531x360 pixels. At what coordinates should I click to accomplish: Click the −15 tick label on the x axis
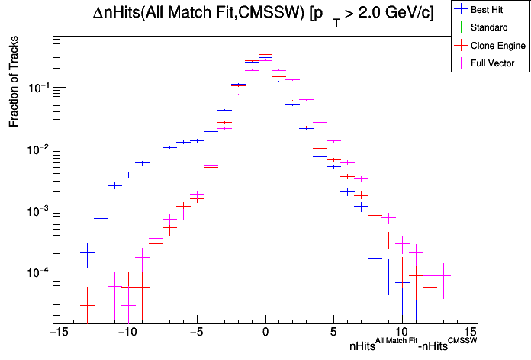point(57,333)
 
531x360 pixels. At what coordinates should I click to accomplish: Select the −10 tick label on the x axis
point(127,333)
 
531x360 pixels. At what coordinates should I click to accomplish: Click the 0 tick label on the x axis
point(265,333)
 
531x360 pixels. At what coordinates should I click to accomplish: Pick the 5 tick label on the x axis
point(333,333)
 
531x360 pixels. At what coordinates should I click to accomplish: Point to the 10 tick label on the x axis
point(403,333)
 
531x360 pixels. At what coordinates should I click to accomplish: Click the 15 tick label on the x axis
point(471,333)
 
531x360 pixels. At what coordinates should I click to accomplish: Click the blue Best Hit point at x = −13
point(87,253)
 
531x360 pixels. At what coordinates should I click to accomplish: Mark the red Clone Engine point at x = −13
point(87,305)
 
